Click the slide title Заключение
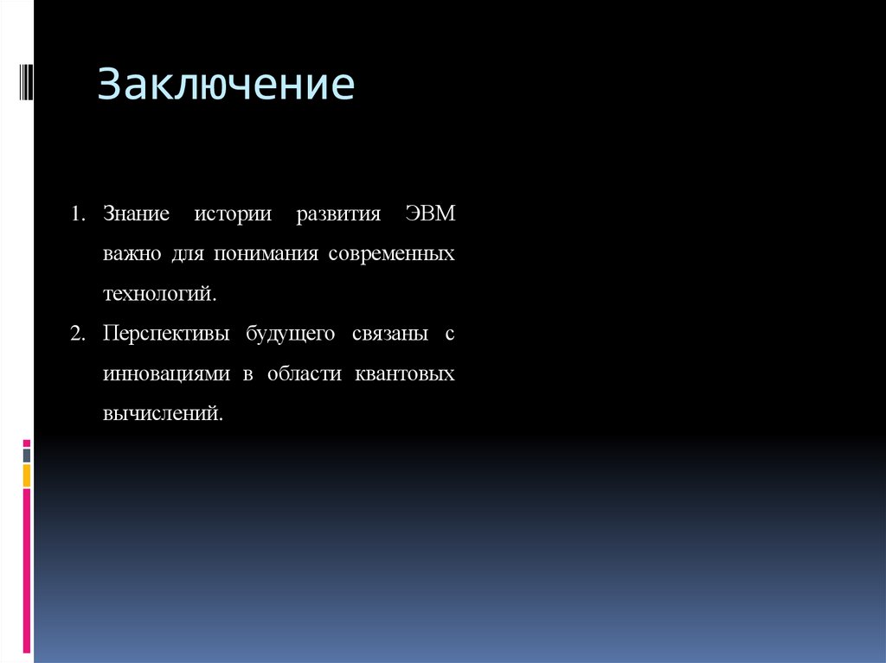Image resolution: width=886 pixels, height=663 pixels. tap(226, 86)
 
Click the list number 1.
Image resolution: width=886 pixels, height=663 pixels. tap(78, 214)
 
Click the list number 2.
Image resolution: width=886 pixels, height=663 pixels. tap(78, 334)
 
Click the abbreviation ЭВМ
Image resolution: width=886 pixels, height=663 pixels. tap(429, 214)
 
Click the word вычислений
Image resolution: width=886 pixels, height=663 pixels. tap(163, 414)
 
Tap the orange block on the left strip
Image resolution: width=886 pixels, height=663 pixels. tap(27, 475)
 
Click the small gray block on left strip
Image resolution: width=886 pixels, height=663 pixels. tap(27, 455)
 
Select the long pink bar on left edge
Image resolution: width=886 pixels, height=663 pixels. tap(27, 571)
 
